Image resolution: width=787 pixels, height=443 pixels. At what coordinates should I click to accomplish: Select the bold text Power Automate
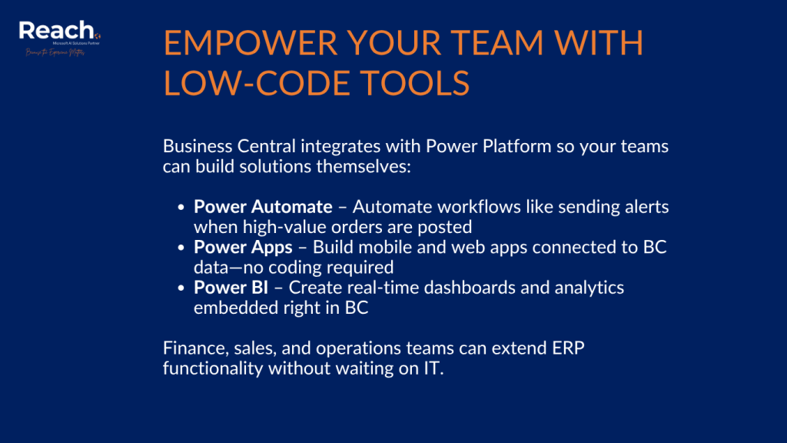[263, 207]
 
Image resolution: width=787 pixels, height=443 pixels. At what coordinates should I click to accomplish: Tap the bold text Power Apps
[243, 248]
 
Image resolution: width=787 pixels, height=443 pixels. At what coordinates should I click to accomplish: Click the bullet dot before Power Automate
[181, 208]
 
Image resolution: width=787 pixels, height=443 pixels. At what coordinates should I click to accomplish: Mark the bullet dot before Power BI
[181, 288]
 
